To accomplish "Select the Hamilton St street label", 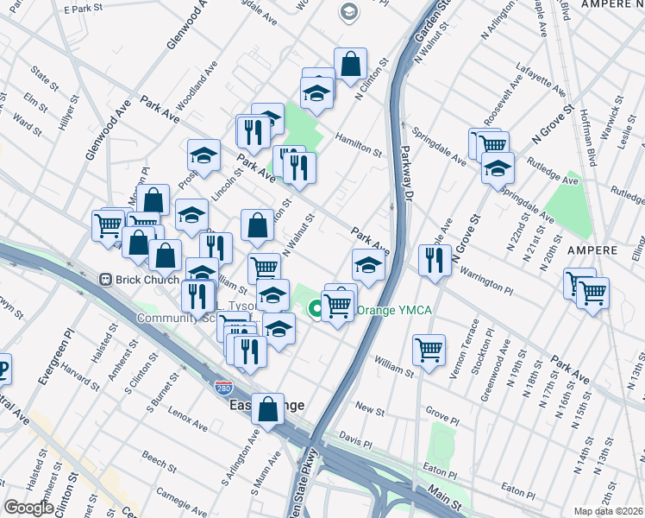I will [x=359, y=145].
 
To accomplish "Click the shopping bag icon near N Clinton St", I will [x=350, y=64].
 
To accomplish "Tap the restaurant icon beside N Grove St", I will [x=435, y=259].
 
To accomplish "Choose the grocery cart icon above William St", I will [x=429, y=349].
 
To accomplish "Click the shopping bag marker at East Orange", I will [x=268, y=408].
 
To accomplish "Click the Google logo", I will [x=28, y=508].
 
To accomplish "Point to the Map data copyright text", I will [x=609, y=511].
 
